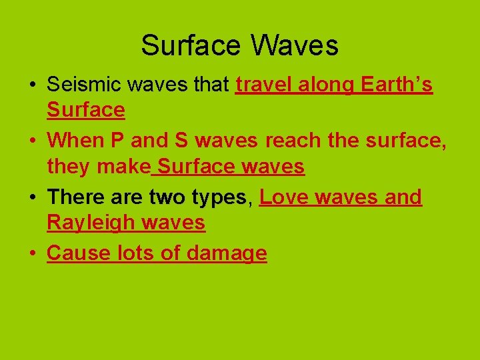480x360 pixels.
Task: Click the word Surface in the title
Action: pos(191,45)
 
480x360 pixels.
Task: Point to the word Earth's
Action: pos(397,85)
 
